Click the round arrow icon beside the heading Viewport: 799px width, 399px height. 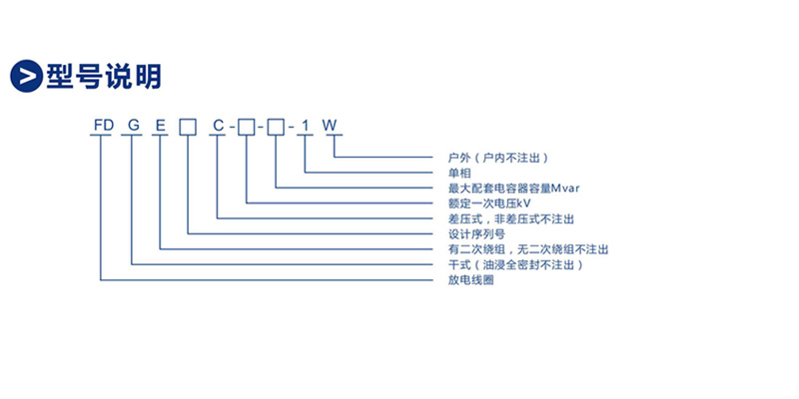(26, 77)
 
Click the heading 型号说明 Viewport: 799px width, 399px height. (104, 77)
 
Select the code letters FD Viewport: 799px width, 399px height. (103, 126)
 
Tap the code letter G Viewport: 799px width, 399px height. (134, 126)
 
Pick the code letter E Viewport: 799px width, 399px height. (161, 126)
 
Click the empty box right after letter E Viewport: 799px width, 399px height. (188, 127)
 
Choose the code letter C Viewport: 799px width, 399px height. (218, 126)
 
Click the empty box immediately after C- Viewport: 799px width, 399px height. (246, 127)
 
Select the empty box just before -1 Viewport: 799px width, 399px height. (276, 127)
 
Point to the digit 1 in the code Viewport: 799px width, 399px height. (306, 126)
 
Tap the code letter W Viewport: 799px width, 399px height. (330, 126)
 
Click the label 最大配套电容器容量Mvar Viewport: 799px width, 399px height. (513, 189)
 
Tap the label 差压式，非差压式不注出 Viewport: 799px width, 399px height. (511, 218)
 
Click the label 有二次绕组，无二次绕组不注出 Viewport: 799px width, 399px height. (528, 250)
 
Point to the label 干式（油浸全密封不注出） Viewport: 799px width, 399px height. (515, 265)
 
